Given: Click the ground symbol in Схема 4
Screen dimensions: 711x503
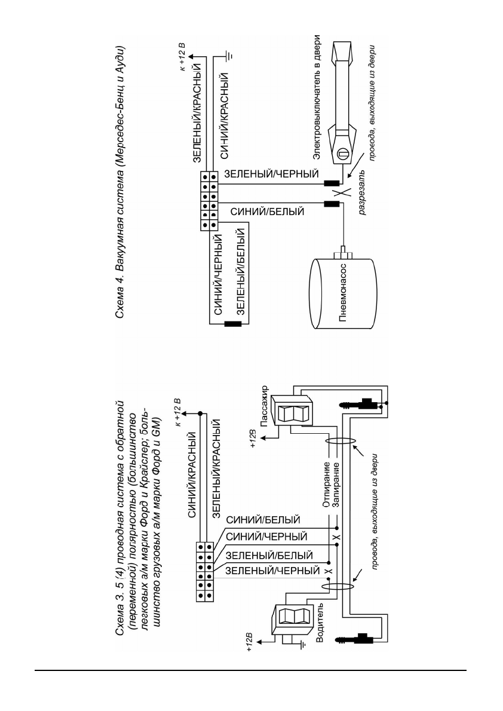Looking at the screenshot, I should coord(229,57).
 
